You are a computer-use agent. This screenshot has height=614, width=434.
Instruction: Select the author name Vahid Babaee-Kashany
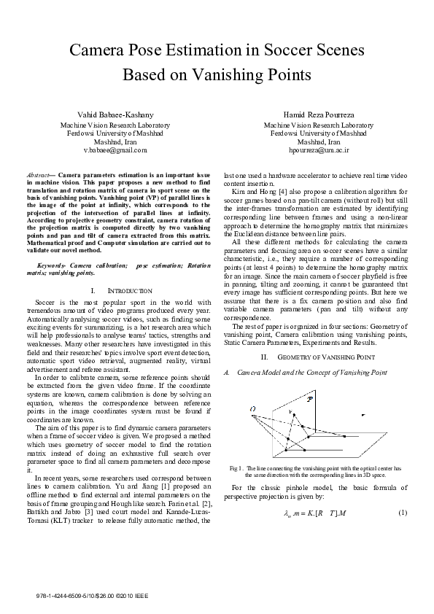point(115,115)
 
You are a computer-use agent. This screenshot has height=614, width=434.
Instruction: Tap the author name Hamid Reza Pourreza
point(319,115)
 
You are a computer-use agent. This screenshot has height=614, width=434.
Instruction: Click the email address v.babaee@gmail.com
point(115,149)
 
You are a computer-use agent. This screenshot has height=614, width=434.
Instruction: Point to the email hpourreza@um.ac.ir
point(319,149)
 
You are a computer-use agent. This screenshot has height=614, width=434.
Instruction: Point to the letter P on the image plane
point(310,400)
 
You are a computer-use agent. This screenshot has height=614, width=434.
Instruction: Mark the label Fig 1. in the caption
point(236,467)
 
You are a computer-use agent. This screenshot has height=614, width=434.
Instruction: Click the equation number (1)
point(402,514)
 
